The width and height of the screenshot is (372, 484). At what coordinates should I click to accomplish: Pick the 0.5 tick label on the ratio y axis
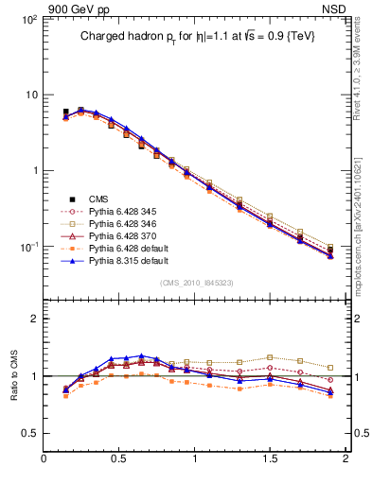[x=28, y=433]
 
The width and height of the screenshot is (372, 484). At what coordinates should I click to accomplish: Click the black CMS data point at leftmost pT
[x=65, y=112]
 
